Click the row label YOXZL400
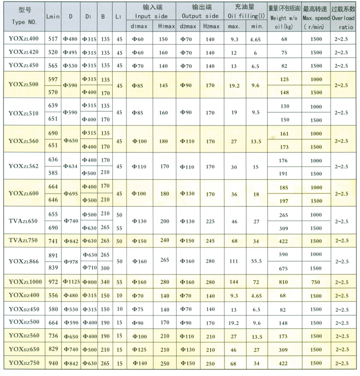pos(23,39)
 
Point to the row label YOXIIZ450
pos(23,309)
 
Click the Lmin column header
pos(53,16)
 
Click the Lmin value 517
pos(53,39)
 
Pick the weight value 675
pos(284,268)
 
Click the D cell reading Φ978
pos(71,261)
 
